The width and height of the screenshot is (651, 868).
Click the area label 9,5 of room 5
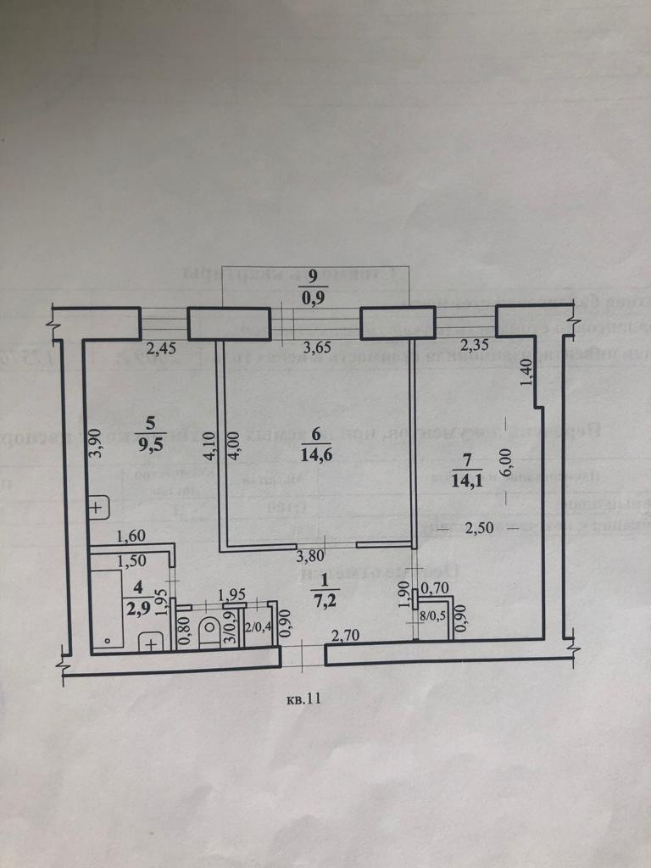[151, 447]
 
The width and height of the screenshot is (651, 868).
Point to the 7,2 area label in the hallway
[325, 603]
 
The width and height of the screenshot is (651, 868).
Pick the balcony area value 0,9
[313, 298]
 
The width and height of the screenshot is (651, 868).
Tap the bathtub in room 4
[108, 609]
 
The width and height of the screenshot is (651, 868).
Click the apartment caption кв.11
[304, 700]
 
